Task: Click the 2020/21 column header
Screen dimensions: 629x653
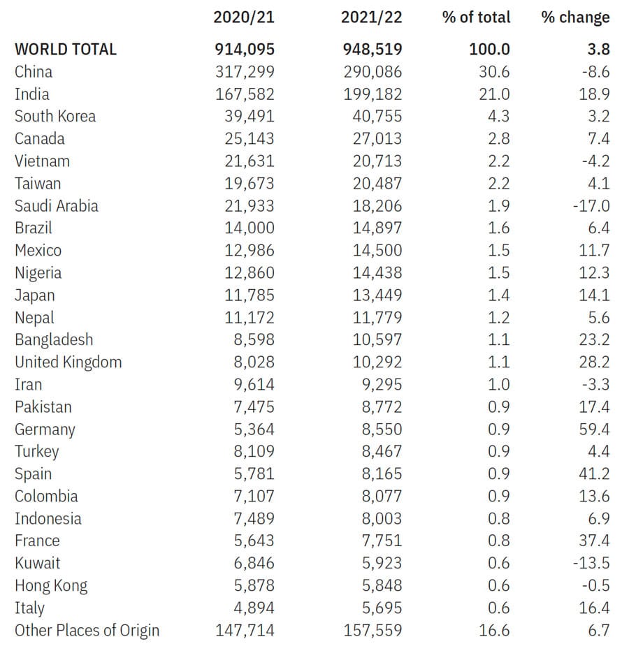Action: tap(244, 17)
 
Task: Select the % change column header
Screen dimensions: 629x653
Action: tap(575, 17)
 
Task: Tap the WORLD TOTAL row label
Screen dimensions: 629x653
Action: tap(66, 50)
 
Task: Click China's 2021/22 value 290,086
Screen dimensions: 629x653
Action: tap(373, 72)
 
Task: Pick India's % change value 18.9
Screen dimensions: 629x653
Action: tap(594, 94)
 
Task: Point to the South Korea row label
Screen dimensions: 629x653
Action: tap(55, 117)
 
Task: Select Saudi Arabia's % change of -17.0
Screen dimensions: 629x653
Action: tap(591, 206)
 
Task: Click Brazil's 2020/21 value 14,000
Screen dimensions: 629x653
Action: tap(250, 228)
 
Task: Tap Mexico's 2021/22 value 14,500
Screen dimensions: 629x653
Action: tap(377, 251)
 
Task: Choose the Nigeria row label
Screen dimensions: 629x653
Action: tap(38, 274)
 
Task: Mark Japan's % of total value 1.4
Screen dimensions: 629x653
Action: tap(498, 295)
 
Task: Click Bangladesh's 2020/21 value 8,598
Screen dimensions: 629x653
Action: tap(254, 340)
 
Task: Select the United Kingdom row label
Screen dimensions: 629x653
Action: tap(68, 362)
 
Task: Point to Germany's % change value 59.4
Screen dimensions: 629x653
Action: tap(594, 430)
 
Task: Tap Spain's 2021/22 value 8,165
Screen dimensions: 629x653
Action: tap(382, 474)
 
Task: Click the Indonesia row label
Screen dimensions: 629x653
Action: tap(48, 519)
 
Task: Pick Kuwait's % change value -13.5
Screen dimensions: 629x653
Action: tap(591, 564)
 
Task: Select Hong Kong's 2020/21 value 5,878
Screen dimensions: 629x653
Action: tap(254, 586)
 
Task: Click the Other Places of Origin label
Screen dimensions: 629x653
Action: tap(87, 631)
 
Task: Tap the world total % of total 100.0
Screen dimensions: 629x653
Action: tap(489, 50)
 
